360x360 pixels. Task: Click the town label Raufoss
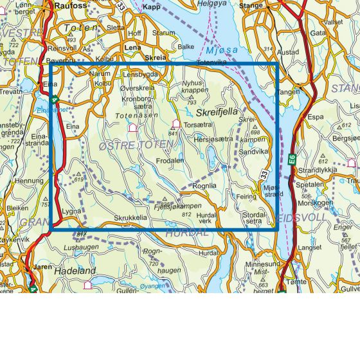click(x=71, y=5)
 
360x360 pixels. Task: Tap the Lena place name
click(x=132, y=48)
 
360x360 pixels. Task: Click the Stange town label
click(x=251, y=6)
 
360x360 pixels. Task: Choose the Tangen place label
click(x=289, y=92)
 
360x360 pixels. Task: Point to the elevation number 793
click(x=191, y=103)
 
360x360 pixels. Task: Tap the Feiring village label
click(x=246, y=197)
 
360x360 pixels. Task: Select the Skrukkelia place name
click(x=130, y=218)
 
